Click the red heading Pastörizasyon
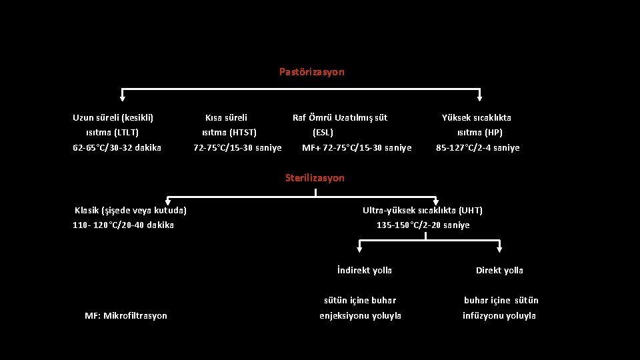coord(311,71)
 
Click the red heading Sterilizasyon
coord(315,178)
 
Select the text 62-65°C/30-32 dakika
coord(117,147)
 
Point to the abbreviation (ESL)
coord(323,132)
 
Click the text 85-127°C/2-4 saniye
coord(477,147)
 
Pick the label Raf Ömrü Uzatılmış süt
coord(340,117)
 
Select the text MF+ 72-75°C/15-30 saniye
coord(357,147)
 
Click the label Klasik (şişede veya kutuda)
coord(130,211)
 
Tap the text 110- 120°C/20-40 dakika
coord(123,225)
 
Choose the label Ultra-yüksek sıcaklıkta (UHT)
coord(422,211)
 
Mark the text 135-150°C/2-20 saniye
coord(423,225)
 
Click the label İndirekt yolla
coord(364,270)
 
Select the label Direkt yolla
coord(499,270)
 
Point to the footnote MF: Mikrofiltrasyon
coord(126,315)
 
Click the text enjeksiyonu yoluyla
coord(361,315)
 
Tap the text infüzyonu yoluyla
coord(499,315)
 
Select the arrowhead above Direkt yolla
coord(500,249)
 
